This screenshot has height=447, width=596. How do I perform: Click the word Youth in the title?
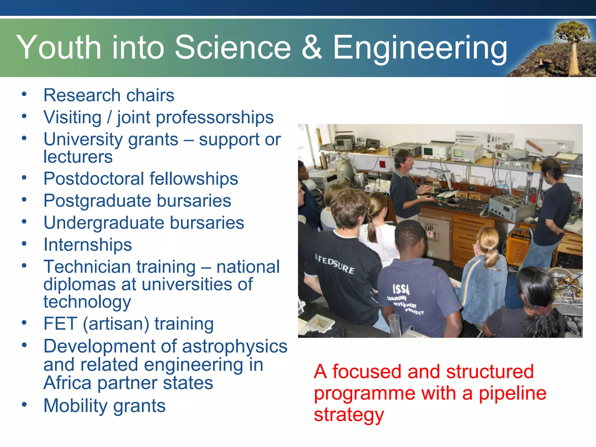[58, 47]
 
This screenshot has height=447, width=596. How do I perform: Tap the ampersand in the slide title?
[311, 47]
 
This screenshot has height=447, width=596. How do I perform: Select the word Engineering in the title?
[420, 48]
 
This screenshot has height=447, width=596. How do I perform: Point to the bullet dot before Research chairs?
[24, 94]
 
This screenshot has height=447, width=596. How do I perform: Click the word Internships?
[88, 245]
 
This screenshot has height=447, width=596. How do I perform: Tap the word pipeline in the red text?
[512, 393]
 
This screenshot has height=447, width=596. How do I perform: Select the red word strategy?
[349, 415]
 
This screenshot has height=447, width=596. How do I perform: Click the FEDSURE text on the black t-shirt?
[336, 264]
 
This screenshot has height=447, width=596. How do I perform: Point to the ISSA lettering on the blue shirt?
[401, 289]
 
